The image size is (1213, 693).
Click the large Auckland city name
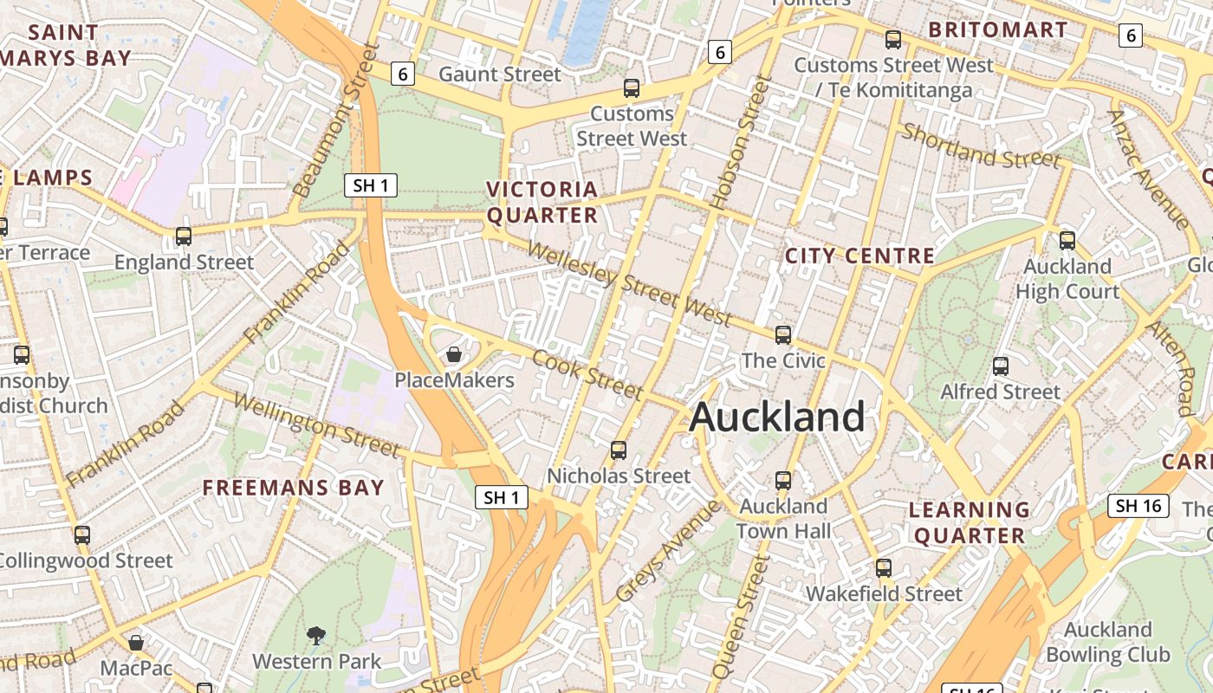tap(777, 417)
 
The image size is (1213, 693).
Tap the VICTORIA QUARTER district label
tap(542, 202)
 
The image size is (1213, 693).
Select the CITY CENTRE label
tap(859, 256)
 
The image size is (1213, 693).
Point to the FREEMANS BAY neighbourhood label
tap(293, 487)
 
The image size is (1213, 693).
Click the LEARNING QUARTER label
tap(970, 522)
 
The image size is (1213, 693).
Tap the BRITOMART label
tap(998, 29)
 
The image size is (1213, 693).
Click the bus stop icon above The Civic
tap(783, 334)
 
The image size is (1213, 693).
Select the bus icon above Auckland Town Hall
tap(783, 480)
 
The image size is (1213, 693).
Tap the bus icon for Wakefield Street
tap(883, 568)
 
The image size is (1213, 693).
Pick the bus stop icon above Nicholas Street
tap(618, 450)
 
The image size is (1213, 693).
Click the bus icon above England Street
tap(184, 236)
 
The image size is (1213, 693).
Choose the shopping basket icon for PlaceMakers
tap(453, 354)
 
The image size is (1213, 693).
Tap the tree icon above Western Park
tap(316, 636)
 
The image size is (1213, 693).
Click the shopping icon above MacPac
tap(136, 643)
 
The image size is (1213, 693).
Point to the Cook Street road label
tap(588, 374)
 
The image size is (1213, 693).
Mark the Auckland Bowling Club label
tap(1108, 641)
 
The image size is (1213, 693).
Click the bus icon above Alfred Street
tap(1001, 366)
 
